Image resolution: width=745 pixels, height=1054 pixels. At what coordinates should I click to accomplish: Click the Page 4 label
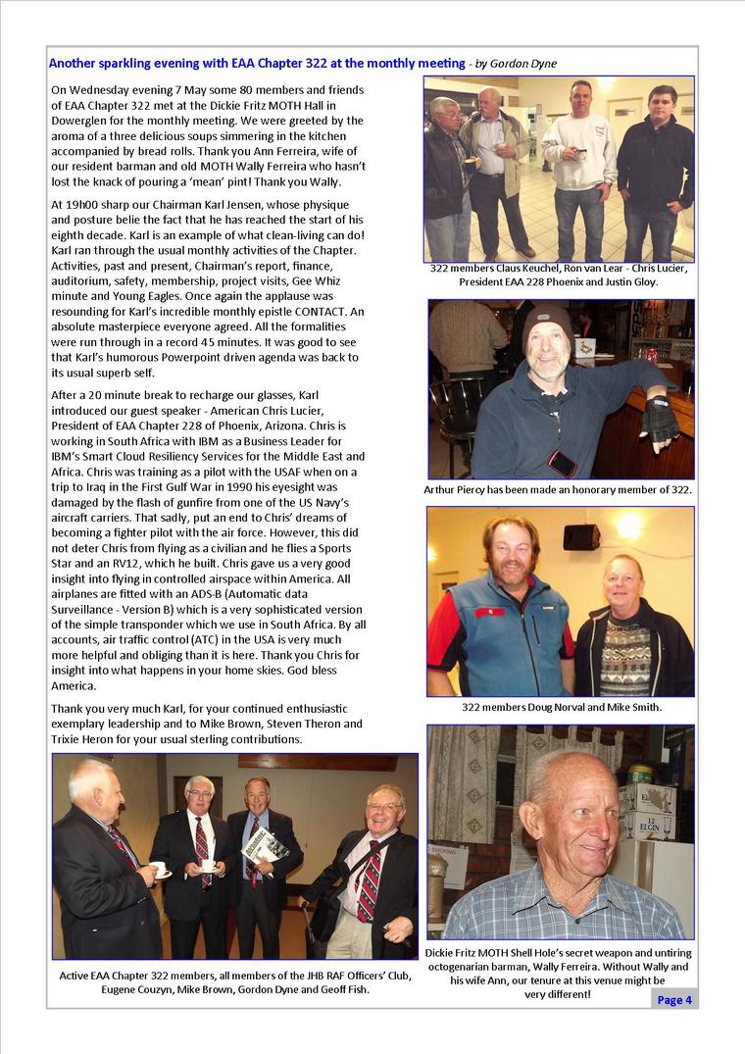(x=674, y=999)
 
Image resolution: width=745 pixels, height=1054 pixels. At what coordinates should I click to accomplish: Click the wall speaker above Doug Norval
(x=581, y=536)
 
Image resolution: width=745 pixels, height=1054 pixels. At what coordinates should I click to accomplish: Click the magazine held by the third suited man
(x=264, y=845)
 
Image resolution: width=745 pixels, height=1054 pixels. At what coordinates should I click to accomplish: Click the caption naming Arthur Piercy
(x=558, y=489)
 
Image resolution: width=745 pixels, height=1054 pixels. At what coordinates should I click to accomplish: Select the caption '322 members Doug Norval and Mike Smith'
(x=562, y=706)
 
